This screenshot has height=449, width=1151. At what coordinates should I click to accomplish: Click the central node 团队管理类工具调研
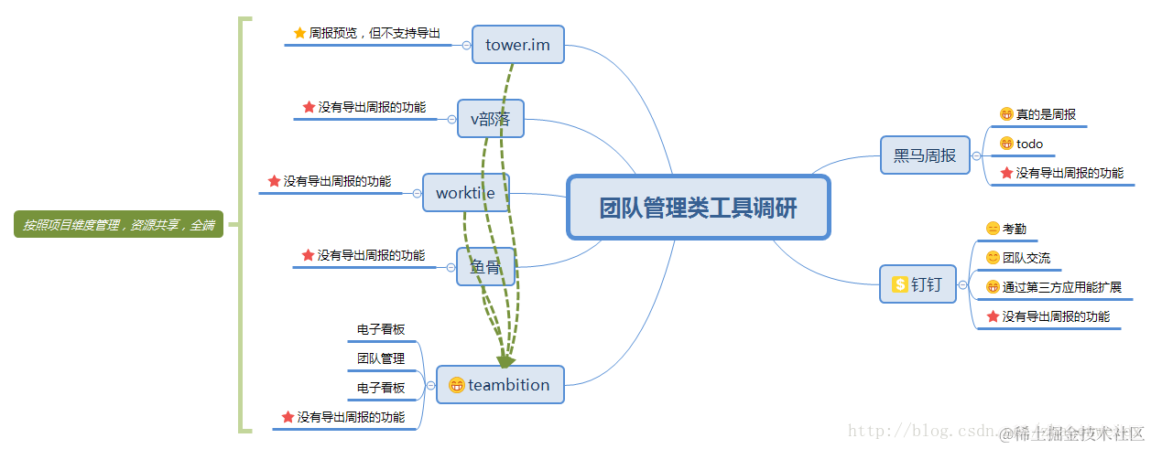pyautogui.click(x=698, y=208)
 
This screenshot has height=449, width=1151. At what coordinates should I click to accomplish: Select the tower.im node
pyautogui.click(x=517, y=45)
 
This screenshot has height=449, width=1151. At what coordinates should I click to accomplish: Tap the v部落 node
pyautogui.click(x=491, y=119)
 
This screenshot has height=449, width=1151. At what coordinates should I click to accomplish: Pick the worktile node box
pyautogui.click(x=465, y=193)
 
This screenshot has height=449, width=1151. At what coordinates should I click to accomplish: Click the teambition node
pyautogui.click(x=500, y=385)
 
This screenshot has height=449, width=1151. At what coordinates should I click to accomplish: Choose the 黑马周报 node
pyautogui.click(x=925, y=155)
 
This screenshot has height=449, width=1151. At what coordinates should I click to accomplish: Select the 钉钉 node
pyautogui.click(x=918, y=284)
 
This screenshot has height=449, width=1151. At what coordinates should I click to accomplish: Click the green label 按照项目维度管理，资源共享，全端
pyautogui.click(x=119, y=224)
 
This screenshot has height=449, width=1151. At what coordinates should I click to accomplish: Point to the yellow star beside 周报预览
pyautogui.click(x=299, y=33)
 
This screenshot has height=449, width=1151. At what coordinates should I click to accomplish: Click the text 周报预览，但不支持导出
pyautogui.click(x=375, y=33)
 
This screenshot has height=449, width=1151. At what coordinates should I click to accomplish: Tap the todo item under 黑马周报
pyautogui.click(x=1029, y=144)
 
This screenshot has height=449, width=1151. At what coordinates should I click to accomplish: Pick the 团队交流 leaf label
pyautogui.click(x=1026, y=258)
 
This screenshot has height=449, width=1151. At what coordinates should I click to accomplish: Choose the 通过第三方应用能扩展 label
pyautogui.click(x=1061, y=287)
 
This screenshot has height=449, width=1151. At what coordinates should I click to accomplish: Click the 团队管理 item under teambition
pyautogui.click(x=381, y=358)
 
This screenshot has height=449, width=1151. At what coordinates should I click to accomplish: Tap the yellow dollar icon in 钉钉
pyautogui.click(x=899, y=284)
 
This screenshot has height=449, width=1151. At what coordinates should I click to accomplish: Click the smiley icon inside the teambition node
pyautogui.click(x=456, y=386)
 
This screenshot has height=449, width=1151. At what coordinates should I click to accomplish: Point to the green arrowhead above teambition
pyautogui.click(x=505, y=361)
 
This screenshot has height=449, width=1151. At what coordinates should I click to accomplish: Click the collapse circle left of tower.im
pyautogui.click(x=467, y=45)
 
